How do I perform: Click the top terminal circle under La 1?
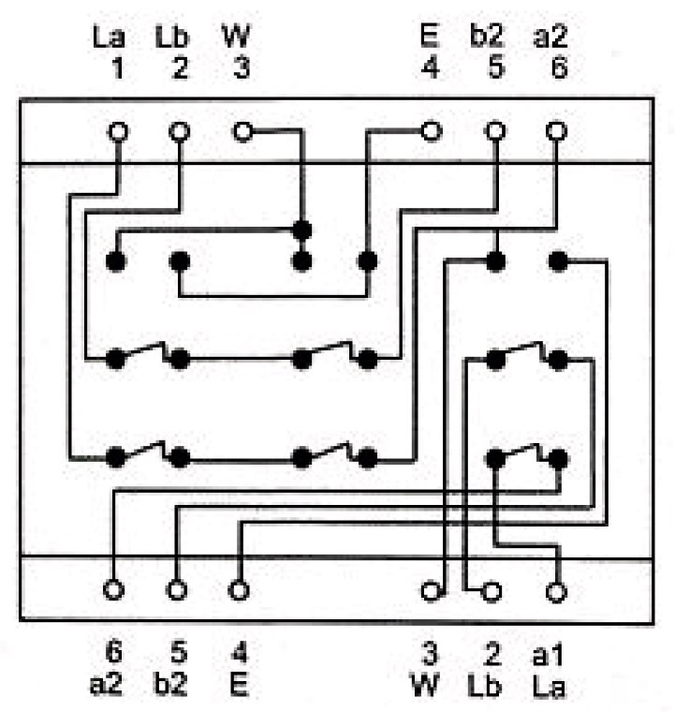(x=117, y=132)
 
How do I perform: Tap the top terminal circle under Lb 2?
(x=179, y=132)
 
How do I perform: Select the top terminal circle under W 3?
(x=242, y=132)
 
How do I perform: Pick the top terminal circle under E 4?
(x=431, y=132)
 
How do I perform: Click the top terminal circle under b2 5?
(x=494, y=132)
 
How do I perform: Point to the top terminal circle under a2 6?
(x=557, y=132)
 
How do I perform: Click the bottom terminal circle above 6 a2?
(x=113, y=590)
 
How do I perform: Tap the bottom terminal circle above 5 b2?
(x=176, y=590)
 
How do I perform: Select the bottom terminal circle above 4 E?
(x=240, y=590)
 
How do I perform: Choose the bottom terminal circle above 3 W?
(x=431, y=591)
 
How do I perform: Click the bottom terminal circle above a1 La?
(x=557, y=591)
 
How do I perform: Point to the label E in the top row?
(x=430, y=40)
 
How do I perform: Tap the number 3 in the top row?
(x=241, y=70)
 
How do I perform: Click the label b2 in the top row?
(x=487, y=40)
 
